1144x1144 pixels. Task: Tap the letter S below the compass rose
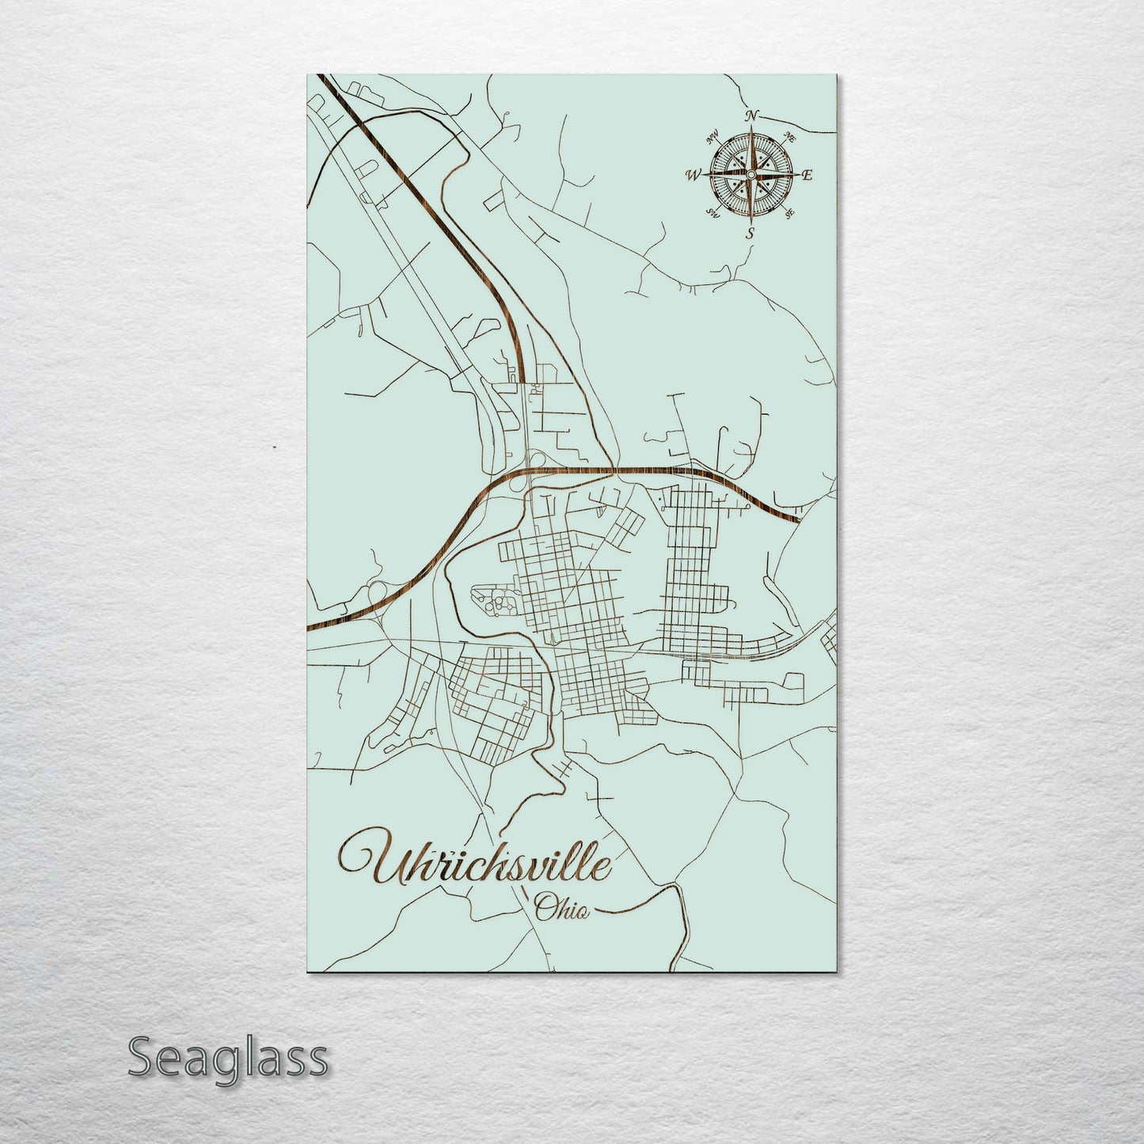point(750,232)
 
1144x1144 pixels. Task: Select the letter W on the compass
point(692,176)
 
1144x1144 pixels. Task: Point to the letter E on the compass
point(808,176)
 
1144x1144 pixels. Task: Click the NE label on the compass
point(789,137)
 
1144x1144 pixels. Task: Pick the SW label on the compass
point(712,212)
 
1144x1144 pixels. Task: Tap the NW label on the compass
point(712,135)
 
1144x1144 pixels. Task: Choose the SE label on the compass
point(788,212)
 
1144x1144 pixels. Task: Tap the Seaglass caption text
point(227,1056)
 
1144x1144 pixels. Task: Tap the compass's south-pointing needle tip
point(749,219)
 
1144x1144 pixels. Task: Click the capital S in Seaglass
point(142,1056)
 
